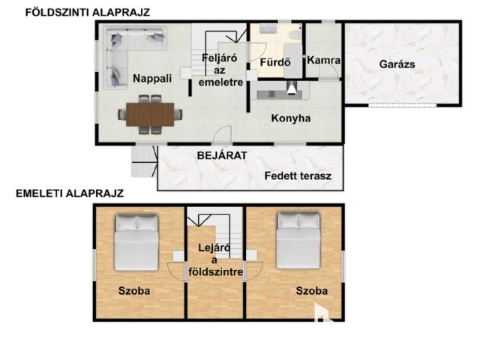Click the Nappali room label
click(152, 79)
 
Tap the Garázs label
click(397, 64)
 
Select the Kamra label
click(323, 60)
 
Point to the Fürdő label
click(275, 62)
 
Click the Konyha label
click(291, 118)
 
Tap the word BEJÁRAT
click(222, 155)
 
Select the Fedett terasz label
click(298, 176)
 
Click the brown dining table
click(150, 115)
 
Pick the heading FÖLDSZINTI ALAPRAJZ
click(88, 13)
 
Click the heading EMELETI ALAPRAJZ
click(70, 193)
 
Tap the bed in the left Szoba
click(136, 242)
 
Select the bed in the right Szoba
click(298, 241)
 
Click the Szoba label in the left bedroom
click(134, 291)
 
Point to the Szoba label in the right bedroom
click(312, 291)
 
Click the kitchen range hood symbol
click(291, 88)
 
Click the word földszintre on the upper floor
click(215, 271)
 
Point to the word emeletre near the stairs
click(220, 82)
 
